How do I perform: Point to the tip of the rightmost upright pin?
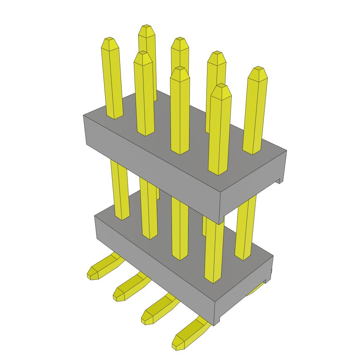click(258, 68)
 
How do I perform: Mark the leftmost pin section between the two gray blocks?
click(120, 190)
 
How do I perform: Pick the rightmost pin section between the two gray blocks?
click(245, 229)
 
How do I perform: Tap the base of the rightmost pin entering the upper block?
click(252, 149)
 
